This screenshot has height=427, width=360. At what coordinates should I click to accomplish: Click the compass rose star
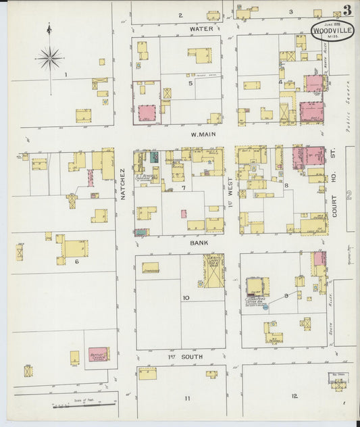coord(50,59)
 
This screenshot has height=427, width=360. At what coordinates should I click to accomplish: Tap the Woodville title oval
coord(330,30)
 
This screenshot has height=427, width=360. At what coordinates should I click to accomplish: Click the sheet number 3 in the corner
coord(346,10)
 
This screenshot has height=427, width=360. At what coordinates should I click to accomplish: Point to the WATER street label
coord(201,29)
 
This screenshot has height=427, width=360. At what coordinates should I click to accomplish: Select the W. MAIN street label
coord(203,134)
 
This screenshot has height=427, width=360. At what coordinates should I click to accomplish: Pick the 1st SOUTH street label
coord(188,356)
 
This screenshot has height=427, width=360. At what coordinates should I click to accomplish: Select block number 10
coord(185,297)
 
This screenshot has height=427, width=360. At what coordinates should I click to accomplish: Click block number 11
coord(187,398)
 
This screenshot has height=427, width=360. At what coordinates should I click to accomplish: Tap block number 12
coord(294,396)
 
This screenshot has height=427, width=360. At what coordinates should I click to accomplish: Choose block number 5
coord(190,83)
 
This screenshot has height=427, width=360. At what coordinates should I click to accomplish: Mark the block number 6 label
coord(76,261)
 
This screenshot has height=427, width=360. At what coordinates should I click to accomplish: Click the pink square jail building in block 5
coord(147,113)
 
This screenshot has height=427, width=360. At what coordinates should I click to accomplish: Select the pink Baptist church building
coord(98,354)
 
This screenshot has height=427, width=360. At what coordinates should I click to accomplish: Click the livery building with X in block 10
coord(213,271)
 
